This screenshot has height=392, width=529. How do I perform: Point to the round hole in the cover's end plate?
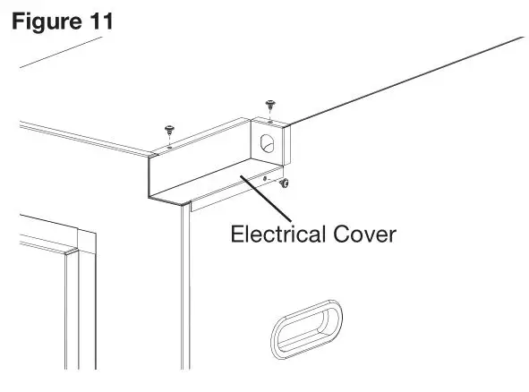point(266,141)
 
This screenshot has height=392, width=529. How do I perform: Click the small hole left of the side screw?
point(265,179)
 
